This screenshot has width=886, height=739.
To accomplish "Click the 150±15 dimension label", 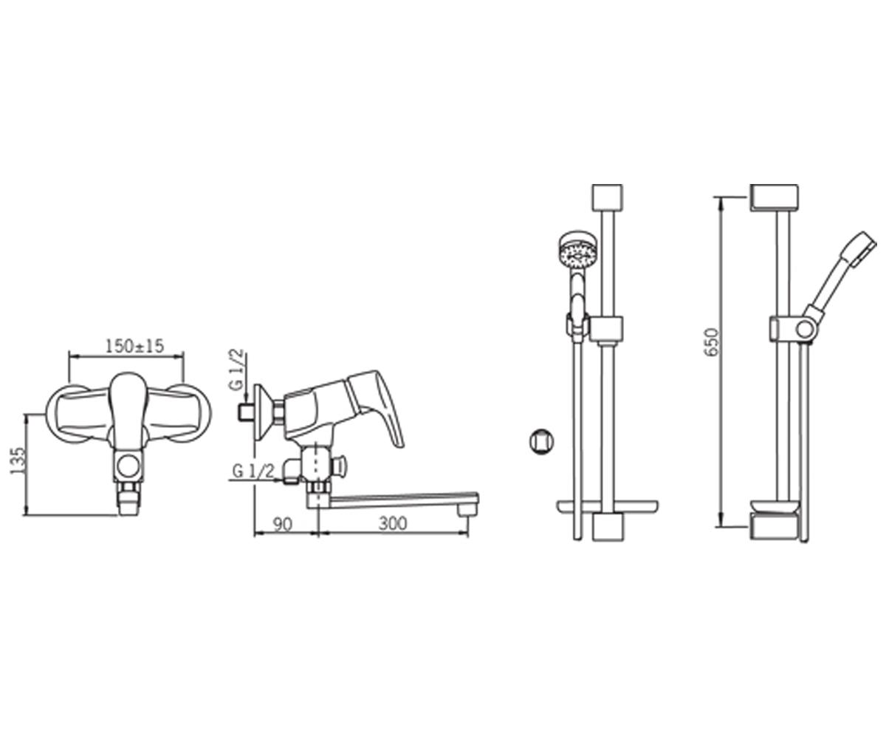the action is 134,347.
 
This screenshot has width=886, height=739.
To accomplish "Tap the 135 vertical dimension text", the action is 18,461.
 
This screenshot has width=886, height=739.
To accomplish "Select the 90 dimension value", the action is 283,525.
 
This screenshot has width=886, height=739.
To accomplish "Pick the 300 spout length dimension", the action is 393,524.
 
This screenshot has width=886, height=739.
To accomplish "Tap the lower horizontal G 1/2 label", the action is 253,471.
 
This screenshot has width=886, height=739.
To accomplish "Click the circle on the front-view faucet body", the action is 128,466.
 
